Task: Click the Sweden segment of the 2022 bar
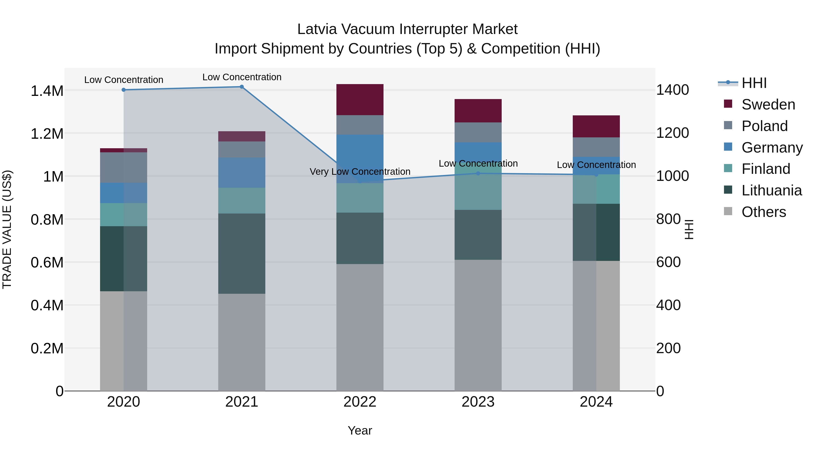pos(360,100)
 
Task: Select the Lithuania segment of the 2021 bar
pos(242,253)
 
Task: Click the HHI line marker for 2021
pos(242,87)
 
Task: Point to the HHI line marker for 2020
pos(124,90)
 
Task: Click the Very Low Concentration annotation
pos(360,172)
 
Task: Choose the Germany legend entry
pos(772,147)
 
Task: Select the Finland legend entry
pos(766,169)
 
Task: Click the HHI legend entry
pos(754,83)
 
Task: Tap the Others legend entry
pos(763,212)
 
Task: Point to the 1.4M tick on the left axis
pos(47,91)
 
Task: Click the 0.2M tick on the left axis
pos(47,348)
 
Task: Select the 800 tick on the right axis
pos(668,219)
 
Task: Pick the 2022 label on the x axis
pos(360,402)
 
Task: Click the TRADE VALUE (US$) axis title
pos(7,229)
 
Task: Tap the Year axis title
pos(360,430)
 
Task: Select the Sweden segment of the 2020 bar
pos(124,150)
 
